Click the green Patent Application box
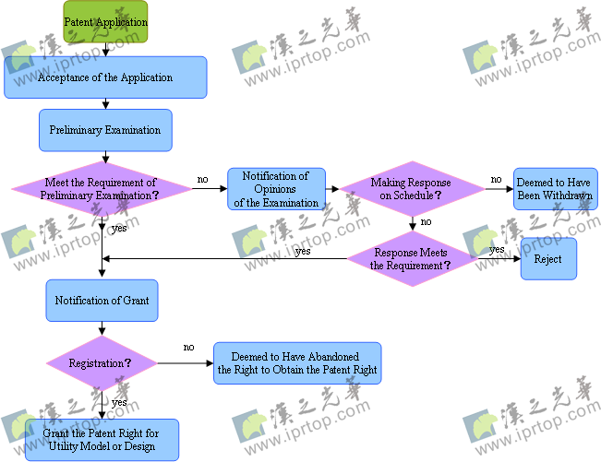point(105,21)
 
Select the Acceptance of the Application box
point(105,77)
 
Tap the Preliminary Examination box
point(105,130)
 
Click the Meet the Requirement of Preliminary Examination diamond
point(102,189)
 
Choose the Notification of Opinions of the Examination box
point(276,189)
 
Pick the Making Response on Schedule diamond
point(412,189)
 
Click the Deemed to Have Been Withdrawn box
point(555,189)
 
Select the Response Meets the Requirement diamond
point(412,259)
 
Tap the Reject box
point(548,259)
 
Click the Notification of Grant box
point(102,301)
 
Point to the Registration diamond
point(102,363)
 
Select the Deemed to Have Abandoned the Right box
point(297,363)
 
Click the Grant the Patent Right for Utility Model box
point(102,441)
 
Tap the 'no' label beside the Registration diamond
point(188,348)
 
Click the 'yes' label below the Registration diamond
point(119,403)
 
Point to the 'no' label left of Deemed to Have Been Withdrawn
point(496,179)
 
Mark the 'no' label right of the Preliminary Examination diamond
point(202,179)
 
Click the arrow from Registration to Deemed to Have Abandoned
point(185,363)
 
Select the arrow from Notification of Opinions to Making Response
point(333,189)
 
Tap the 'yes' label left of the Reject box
point(497,250)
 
